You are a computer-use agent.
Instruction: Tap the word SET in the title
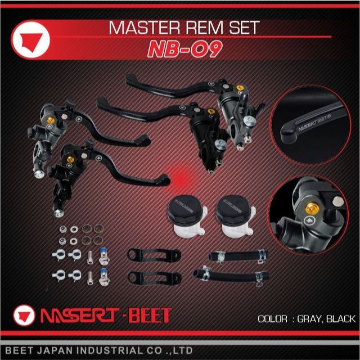[247, 28]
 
